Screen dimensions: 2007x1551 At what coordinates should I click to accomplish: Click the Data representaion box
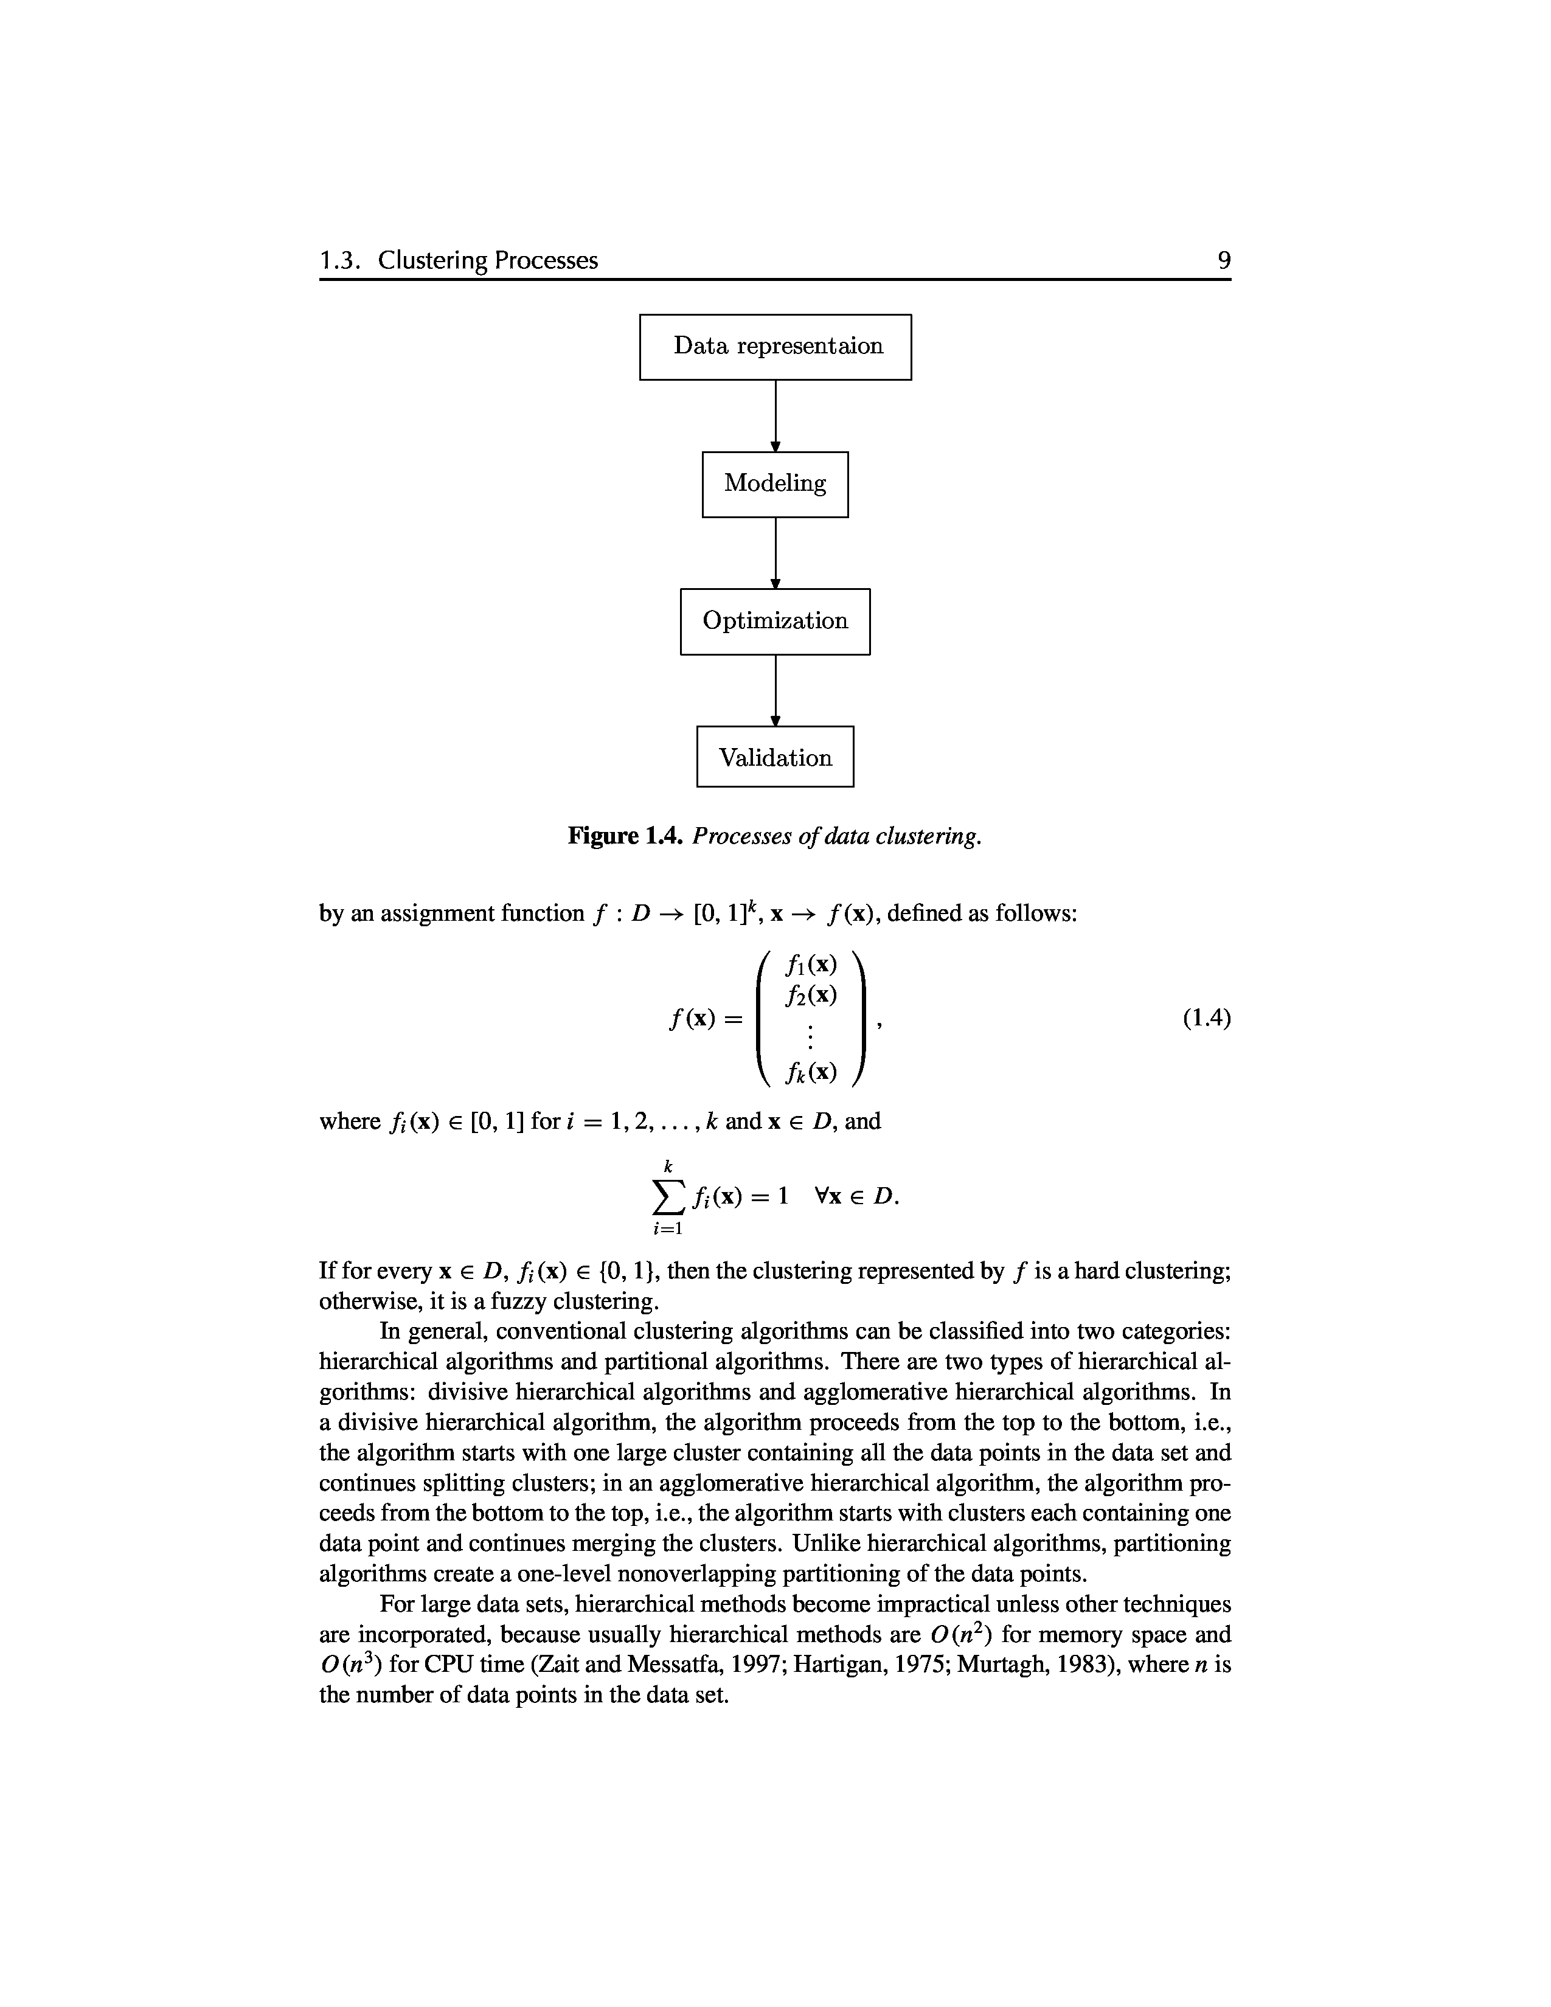coord(775,347)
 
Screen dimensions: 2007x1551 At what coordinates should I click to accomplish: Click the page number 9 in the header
coord(1224,261)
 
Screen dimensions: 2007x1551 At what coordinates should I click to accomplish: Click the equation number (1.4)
coord(1206,1017)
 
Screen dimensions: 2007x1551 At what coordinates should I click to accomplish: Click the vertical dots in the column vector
coord(810,1036)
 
